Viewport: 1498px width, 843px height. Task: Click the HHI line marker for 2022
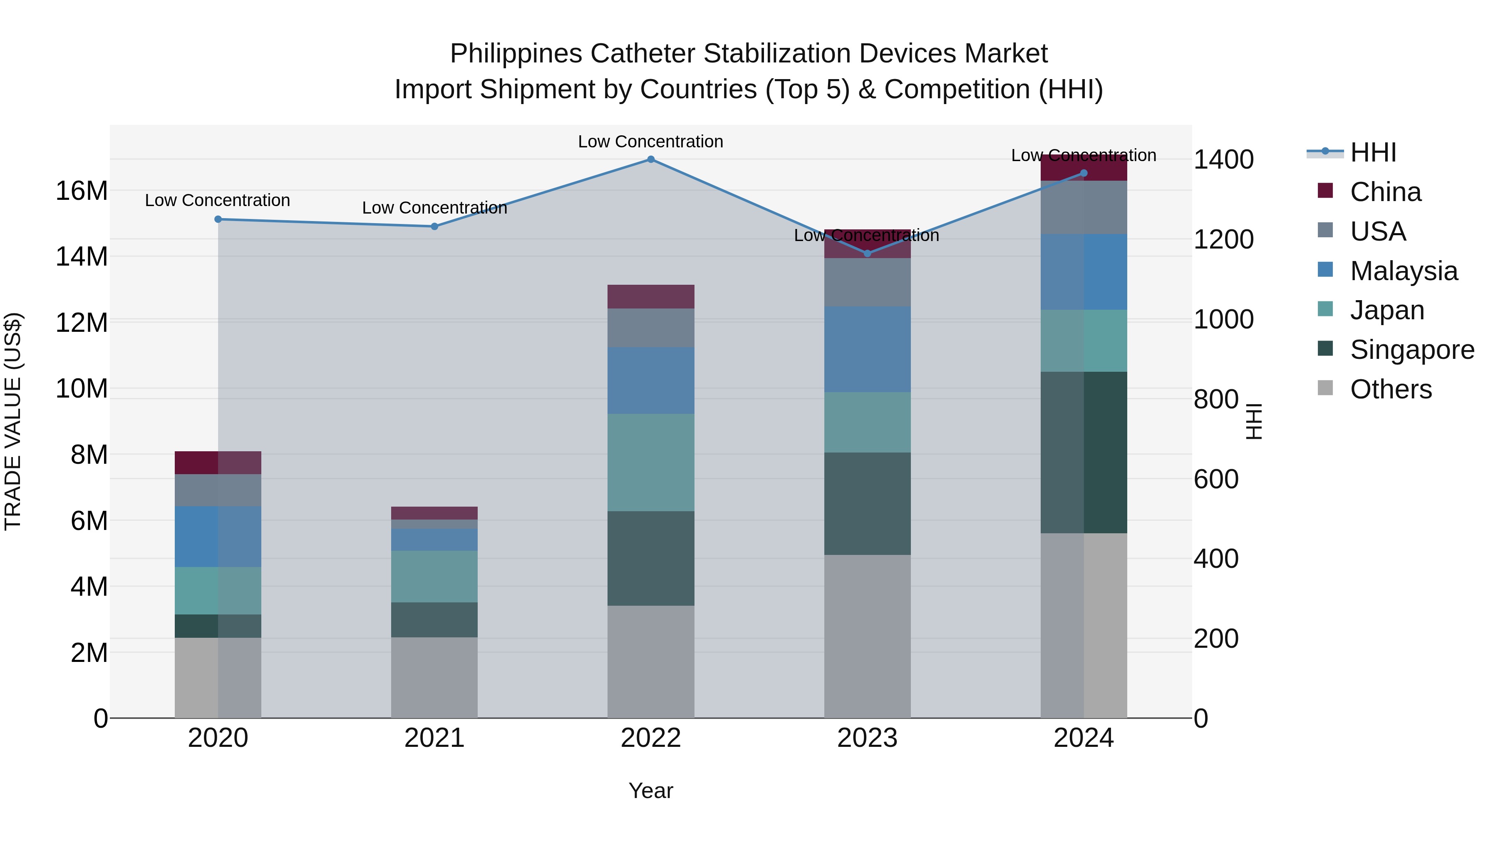[651, 159]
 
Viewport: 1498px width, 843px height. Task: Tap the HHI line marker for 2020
[218, 219]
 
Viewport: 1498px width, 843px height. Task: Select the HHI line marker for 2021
[434, 226]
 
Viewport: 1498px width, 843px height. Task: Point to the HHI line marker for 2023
[868, 254]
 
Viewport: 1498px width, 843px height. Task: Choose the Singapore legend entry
[1411, 350]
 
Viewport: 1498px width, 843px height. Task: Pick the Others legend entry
[1390, 389]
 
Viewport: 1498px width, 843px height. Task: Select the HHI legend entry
[1372, 152]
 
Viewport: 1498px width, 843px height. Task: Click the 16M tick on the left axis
[82, 191]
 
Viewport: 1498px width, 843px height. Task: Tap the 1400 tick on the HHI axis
[1223, 159]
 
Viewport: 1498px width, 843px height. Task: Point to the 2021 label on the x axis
[434, 738]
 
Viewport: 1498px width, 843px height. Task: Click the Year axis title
[651, 791]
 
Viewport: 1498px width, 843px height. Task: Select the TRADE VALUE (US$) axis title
[13, 421]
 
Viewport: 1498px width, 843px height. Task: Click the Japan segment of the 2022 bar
[651, 463]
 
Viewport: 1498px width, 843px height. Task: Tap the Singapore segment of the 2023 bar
[868, 503]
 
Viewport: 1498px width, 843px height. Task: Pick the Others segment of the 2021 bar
[434, 678]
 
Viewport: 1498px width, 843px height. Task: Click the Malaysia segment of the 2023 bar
[868, 349]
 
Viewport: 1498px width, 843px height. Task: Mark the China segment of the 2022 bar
[651, 297]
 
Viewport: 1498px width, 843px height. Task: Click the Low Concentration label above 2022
[651, 142]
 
